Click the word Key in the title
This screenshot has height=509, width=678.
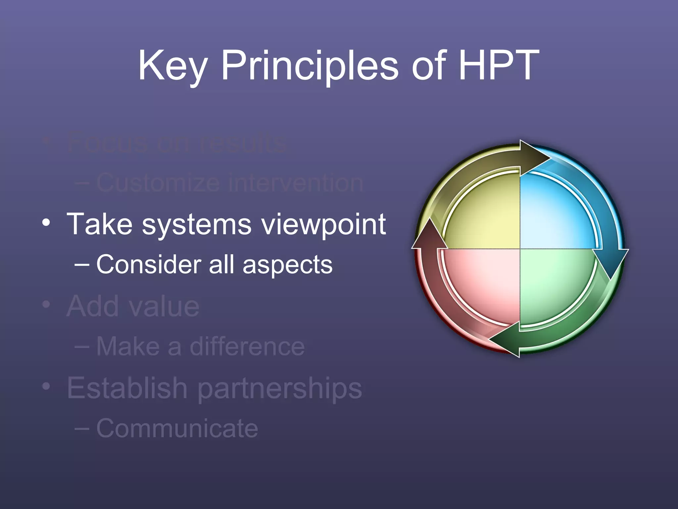point(172,66)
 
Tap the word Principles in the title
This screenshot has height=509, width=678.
point(310,66)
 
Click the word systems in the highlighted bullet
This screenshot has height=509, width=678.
point(197,225)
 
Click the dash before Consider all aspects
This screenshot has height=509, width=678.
point(82,265)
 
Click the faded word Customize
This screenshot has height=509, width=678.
point(158,183)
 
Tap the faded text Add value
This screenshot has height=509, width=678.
point(133,306)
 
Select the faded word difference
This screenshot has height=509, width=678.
point(247,347)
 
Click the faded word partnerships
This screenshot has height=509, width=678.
point(280,388)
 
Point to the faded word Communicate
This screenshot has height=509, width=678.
point(177,428)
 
